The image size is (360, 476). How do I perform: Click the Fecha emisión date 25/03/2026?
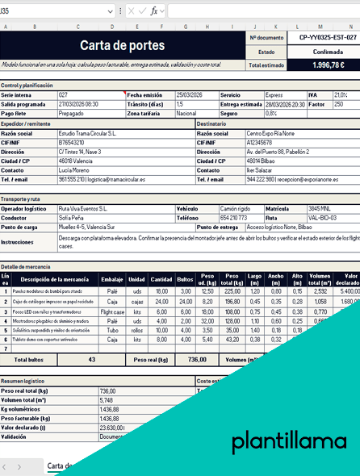[192, 94]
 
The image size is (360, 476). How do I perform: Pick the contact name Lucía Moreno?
[75, 170]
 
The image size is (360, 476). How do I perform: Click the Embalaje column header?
[112, 279]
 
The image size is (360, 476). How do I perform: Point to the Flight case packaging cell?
[113, 311]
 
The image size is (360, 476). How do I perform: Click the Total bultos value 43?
[91, 359]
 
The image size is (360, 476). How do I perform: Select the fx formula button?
[153, 11]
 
